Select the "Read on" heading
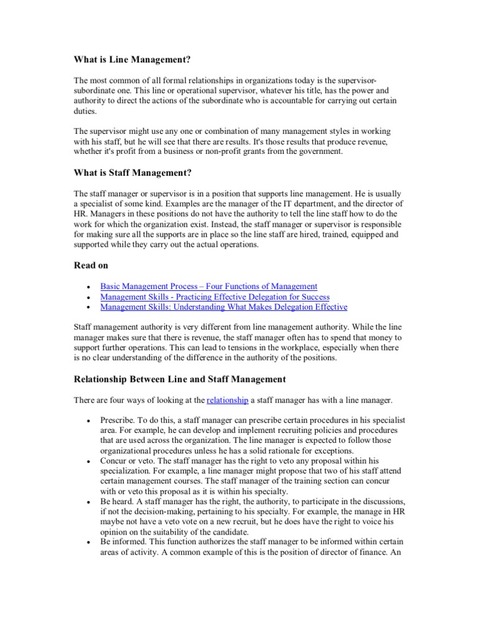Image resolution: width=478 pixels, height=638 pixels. coord(91,265)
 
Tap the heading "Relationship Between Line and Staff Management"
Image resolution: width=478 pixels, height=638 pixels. coord(180,378)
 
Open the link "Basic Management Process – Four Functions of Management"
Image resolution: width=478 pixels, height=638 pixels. coord(209,286)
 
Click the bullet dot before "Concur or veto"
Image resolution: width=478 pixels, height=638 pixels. coord(90,462)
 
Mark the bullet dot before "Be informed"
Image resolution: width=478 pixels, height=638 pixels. coord(90,543)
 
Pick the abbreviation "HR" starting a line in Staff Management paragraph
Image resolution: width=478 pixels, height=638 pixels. coord(80,214)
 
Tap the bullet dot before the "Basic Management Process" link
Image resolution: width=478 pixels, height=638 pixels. coord(90,287)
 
